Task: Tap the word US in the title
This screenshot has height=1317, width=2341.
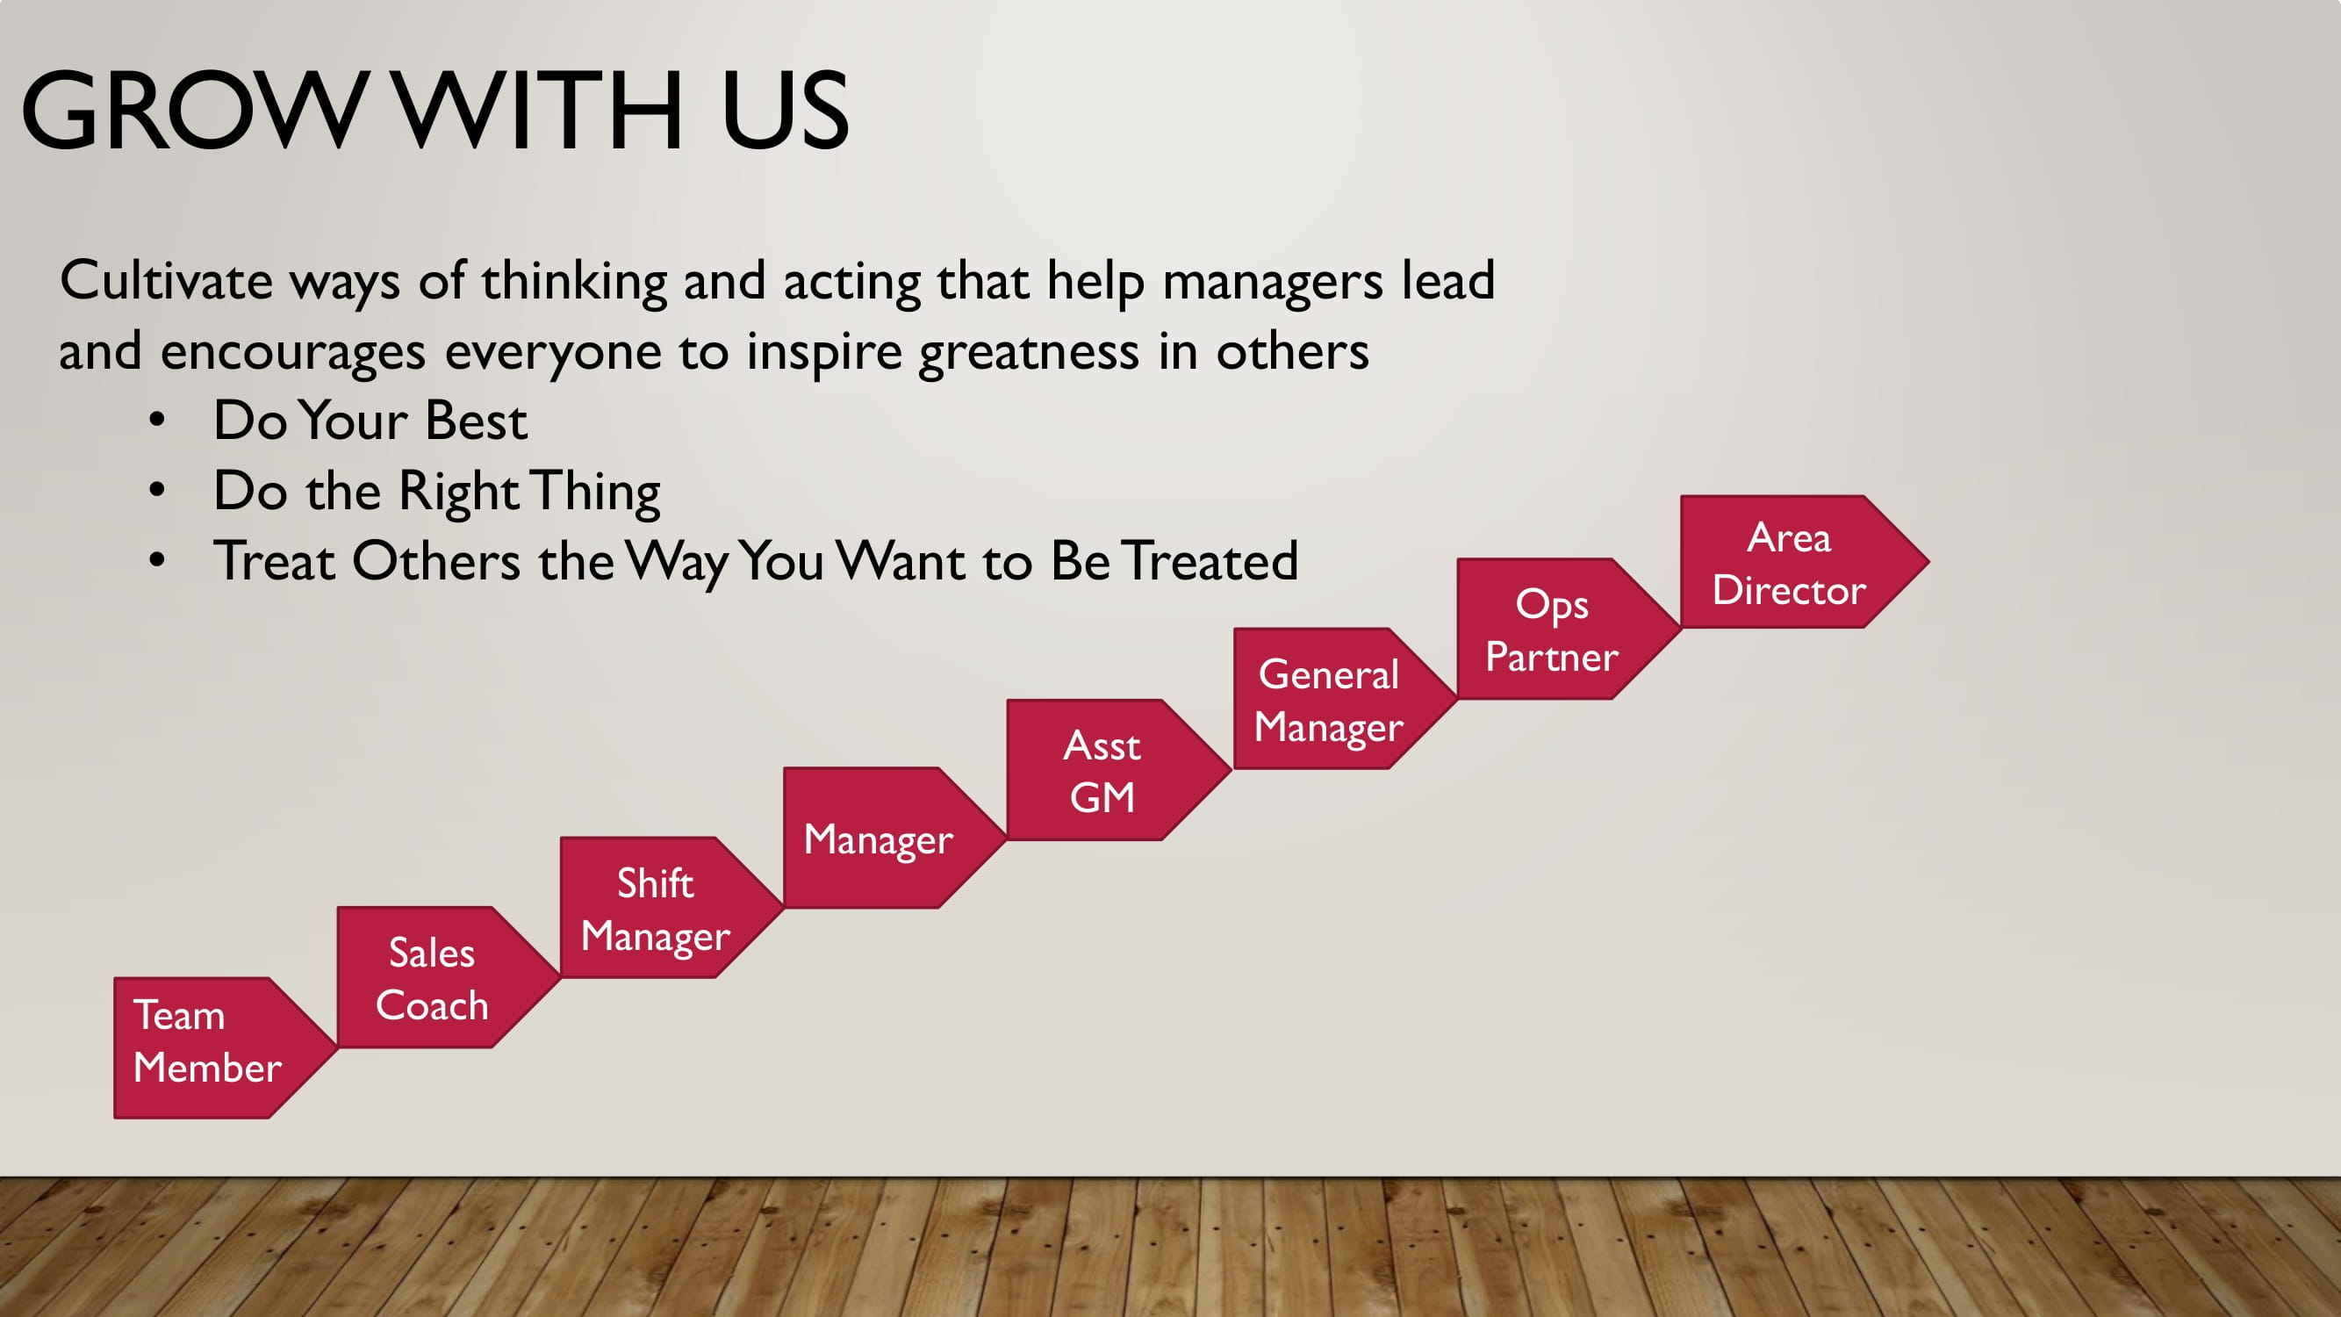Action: (x=786, y=110)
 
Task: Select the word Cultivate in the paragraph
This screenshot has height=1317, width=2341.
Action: (x=165, y=280)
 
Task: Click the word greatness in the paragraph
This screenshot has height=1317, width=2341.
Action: (x=1029, y=353)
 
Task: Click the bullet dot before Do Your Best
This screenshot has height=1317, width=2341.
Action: (x=157, y=421)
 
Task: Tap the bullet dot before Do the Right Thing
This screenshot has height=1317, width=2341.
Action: (x=157, y=491)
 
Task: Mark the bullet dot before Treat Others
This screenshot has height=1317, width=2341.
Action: (x=157, y=561)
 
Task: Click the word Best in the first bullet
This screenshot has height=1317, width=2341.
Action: (x=477, y=420)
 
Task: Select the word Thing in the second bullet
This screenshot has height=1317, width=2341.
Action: (x=595, y=493)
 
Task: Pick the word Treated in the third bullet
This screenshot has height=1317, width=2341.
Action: (x=1210, y=561)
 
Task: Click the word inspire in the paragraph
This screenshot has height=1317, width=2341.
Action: (x=824, y=353)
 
